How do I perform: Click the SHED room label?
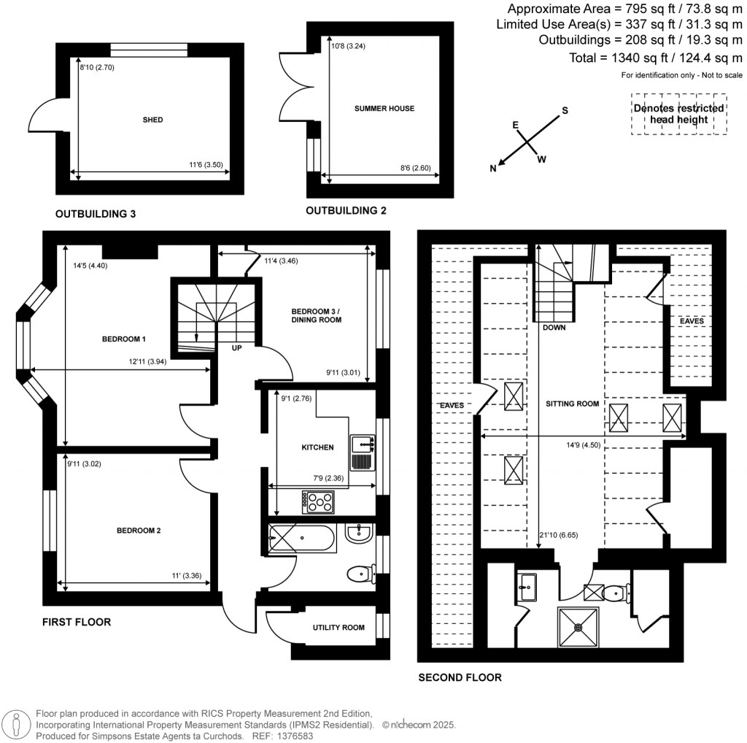click(x=152, y=120)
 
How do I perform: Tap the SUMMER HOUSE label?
click(x=384, y=109)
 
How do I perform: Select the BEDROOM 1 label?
click(x=123, y=339)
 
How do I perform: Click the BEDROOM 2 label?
click(x=139, y=531)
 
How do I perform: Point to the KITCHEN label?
click(x=317, y=447)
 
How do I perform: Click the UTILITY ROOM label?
click(x=338, y=628)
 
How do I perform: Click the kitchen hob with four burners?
click(x=318, y=502)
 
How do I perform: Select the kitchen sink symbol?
click(x=362, y=453)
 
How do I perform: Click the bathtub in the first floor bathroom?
click(x=302, y=540)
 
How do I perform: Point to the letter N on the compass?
click(x=493, y=169)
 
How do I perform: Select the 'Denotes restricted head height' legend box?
click(x=679, y=114)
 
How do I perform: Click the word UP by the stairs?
click(x=237, y=348)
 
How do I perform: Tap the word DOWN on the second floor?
click(x=554, y=328)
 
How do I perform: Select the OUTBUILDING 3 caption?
click(x=96, y=215)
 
